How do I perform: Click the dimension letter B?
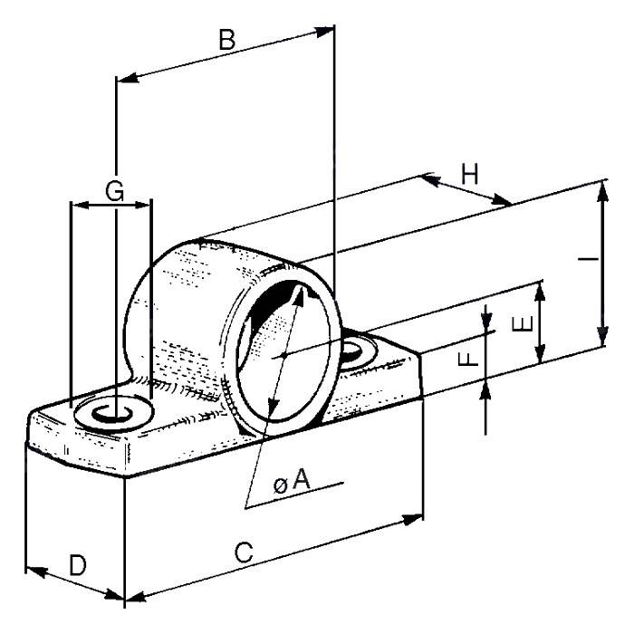[x=227, y=41]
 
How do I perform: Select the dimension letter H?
[x=469, y=173]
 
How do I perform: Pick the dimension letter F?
[x=467, y=360]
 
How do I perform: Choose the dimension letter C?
[x=244, y=552]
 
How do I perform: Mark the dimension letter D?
[x=78, y=566]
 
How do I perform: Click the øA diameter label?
[x=292, y=485]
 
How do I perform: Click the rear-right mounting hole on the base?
[x=357, y=349]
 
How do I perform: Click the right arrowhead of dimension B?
[x=328, y=31]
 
